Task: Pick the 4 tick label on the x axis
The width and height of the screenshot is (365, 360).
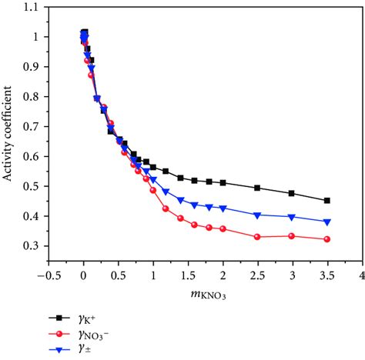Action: coord(361,275)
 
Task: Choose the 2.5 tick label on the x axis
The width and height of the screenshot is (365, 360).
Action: coord(257,275)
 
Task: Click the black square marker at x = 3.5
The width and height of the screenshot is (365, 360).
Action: coord(327,201)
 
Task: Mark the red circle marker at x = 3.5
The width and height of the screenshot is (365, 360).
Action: coord(327,239)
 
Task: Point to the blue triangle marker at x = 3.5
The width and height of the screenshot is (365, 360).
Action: coord(327,222)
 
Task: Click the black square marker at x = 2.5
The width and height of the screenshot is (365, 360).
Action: coord(257,188)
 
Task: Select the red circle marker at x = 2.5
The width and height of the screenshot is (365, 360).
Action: coord(257,237)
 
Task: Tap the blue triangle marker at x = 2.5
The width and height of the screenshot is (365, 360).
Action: coord(257,215)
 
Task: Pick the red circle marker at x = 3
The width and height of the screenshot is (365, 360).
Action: coord(292,235)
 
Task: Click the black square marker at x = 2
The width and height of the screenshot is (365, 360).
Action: coord(223,182)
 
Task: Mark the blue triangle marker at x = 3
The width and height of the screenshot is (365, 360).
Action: coord(292,217)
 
